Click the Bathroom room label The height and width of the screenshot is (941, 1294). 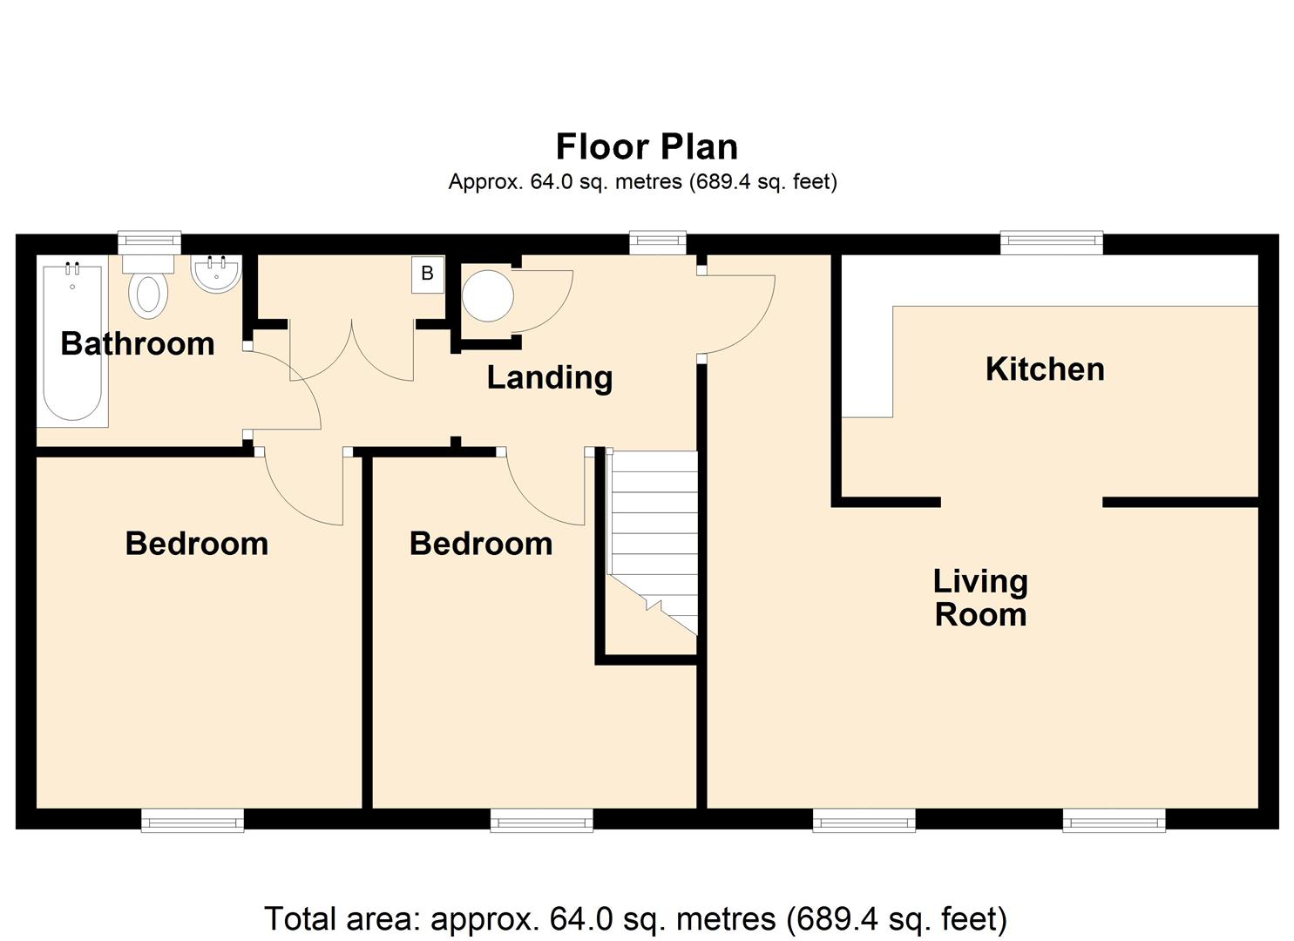[x=138, y=344]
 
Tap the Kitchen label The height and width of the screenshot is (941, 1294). [x=1045, y=369]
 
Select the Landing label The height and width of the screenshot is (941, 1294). [x=550, y=378]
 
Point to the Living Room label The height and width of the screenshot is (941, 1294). [x=981, y=598]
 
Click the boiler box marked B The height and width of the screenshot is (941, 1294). [x=428, y=274]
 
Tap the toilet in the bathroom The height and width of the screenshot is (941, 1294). [x=148, y=286]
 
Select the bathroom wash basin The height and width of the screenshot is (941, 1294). [x=216, y=274]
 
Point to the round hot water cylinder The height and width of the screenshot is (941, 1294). [x=488, y=296]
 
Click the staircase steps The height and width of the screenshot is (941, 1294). [x=654, y=542]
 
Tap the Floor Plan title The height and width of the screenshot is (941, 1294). [x=647, y=146]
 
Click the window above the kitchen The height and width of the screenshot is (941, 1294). [x=1052, y=242]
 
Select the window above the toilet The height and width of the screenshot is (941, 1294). [x=149, y=242]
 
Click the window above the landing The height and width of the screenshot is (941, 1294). [x=657, y=242]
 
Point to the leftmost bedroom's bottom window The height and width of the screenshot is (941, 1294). [x=193, y=820]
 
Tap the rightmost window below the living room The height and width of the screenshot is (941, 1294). [x=1114, y=820]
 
